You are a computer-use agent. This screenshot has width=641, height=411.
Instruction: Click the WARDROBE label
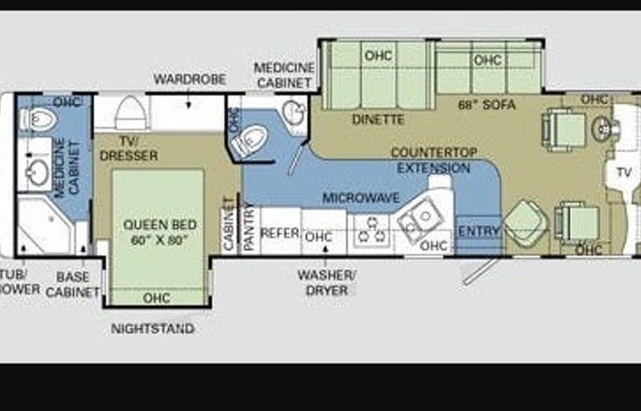click(189, 79)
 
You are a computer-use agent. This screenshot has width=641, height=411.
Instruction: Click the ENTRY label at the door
click(479, 231)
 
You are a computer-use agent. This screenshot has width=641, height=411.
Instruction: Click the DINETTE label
click(378, 119)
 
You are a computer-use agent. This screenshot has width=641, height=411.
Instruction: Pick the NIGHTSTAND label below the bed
click(153, 330)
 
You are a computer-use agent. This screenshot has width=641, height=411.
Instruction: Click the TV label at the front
click(623, 172)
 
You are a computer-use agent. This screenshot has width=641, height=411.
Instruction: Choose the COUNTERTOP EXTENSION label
click(433, 159)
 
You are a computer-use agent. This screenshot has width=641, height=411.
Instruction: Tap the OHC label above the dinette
click(378, 55)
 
